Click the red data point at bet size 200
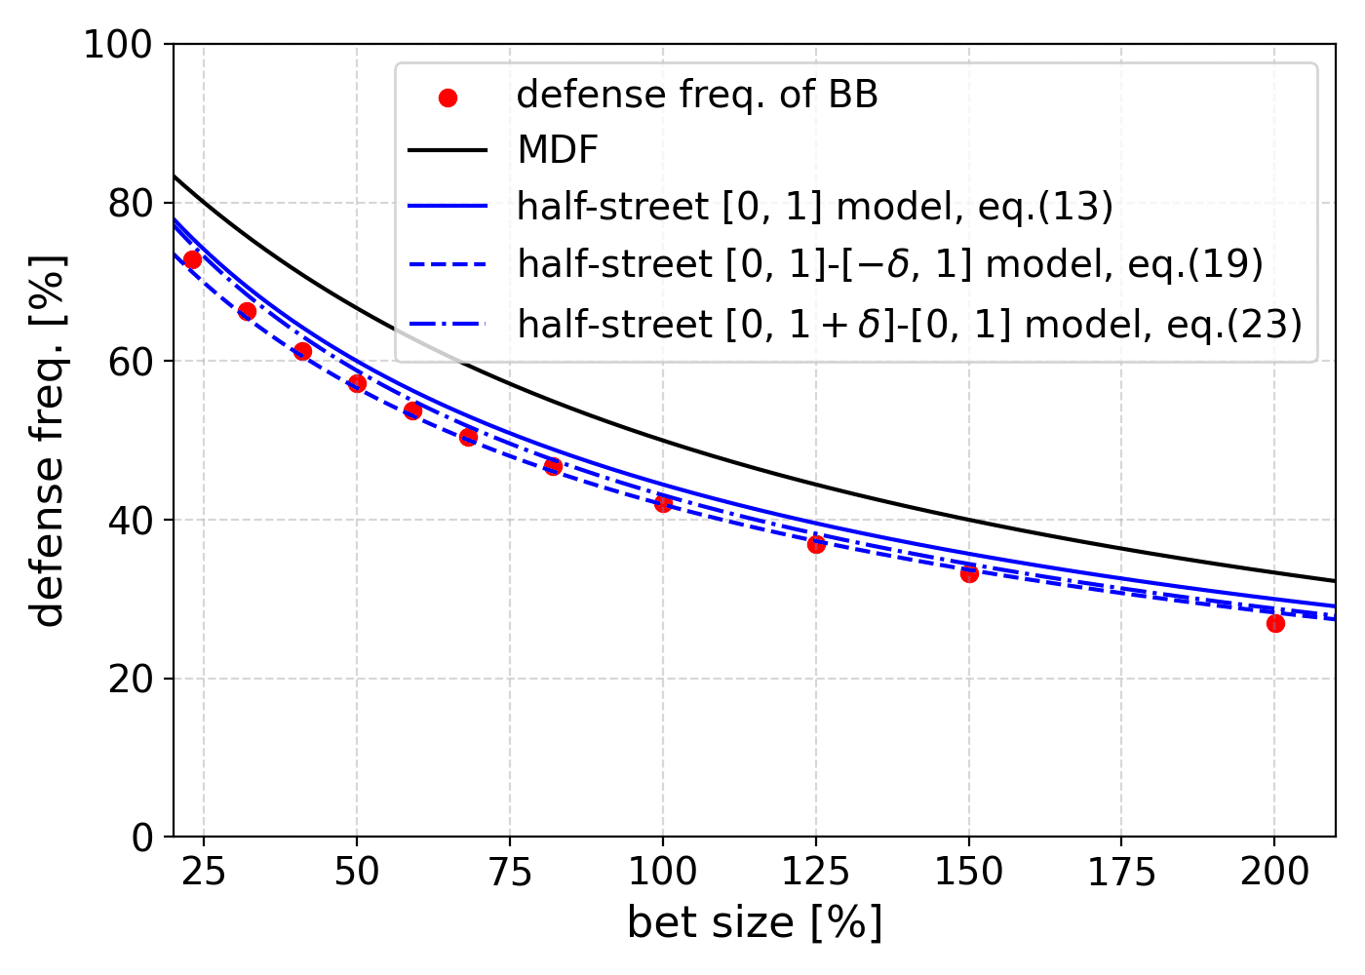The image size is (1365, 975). pos(1274,623)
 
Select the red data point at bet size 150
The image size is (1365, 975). pos(969,573)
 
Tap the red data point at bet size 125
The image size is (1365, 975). pos(816,544)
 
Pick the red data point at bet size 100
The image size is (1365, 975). pos(663,503)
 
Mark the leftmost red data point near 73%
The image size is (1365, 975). pos(192,259)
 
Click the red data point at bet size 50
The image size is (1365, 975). pos(357,383)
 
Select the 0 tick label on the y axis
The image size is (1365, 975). pos(142,838)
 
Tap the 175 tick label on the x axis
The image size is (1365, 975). pos(1121,872)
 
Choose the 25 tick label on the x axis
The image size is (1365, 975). pos(204,872)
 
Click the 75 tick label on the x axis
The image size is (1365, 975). pos(510,872)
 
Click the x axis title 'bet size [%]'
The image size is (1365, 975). pos(755,922)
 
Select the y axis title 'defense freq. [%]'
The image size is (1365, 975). pos(47,441)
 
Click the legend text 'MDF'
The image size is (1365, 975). pos(558,150)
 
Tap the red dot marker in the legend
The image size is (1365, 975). pos(448,97)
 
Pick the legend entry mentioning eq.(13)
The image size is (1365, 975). pos(814,207)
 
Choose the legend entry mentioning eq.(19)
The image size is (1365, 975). pos(889,264)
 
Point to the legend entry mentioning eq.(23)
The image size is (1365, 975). pos(909,324)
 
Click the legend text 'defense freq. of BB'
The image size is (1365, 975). pos(697,95)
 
